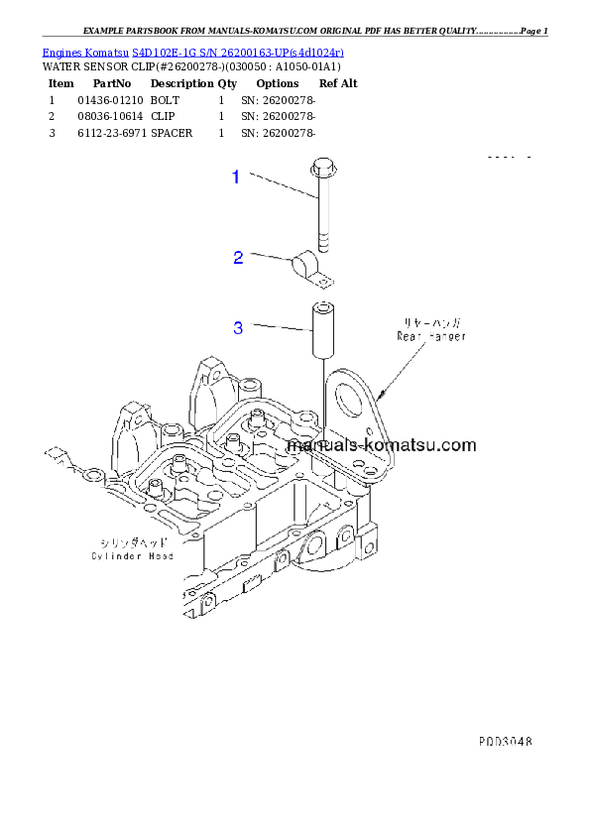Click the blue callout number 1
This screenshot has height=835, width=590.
pos(236,178)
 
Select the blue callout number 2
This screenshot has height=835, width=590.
pos(238,258)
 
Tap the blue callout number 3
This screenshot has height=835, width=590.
pos(238,328)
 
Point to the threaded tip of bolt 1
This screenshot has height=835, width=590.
pos(322,243)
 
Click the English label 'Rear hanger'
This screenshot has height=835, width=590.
pos(431,337)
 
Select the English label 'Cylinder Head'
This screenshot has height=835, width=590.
pos(134,556)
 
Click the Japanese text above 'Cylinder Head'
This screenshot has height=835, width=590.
pos(134,543)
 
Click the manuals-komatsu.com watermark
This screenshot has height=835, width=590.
pos(381,446)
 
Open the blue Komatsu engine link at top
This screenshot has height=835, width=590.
pos(193,51)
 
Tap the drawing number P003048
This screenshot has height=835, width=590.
pos(506,741)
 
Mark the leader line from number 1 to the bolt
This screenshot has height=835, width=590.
pos(282,185)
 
